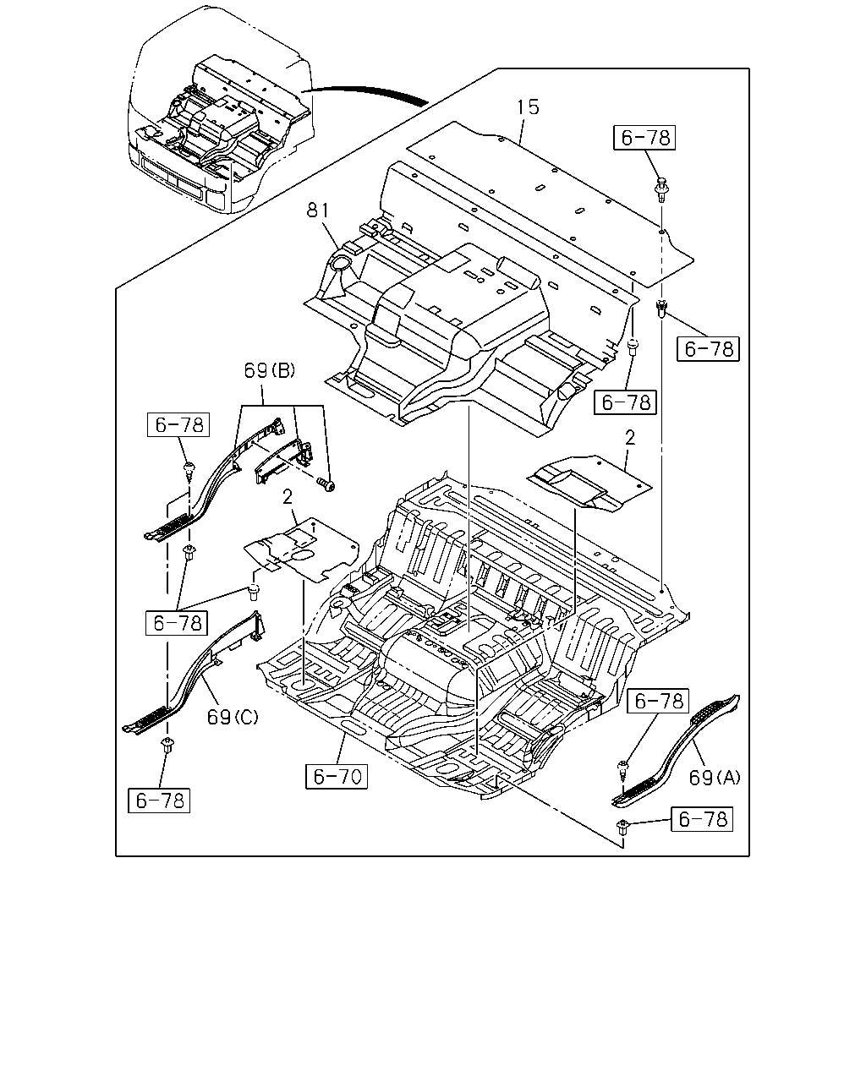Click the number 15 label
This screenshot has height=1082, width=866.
tap(528, 107)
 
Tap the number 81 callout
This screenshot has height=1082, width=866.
tap(317, 210)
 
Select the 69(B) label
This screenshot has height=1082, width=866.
tap(269, 370)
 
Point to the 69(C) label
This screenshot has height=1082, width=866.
tap(233, 717)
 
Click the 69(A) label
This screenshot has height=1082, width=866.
tap(715, 778)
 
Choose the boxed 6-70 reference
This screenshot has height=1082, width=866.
tap(337, 776)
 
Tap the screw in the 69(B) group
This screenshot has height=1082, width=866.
tap(326, 484)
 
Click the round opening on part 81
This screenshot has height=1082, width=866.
tap(341, 263)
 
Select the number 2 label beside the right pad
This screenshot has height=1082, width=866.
tap(630, 438)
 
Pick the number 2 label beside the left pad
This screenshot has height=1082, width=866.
tap(288, 497)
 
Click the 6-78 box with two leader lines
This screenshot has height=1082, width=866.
tap(177, 623)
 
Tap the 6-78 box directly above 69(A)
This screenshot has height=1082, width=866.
tap(658, 702)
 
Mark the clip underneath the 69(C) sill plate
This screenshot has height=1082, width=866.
tap(167, 745)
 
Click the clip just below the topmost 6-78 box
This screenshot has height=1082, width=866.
tap(661, 188)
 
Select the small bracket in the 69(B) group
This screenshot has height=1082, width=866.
tap(284, 461)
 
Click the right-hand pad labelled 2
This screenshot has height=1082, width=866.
tap(589, 484)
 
